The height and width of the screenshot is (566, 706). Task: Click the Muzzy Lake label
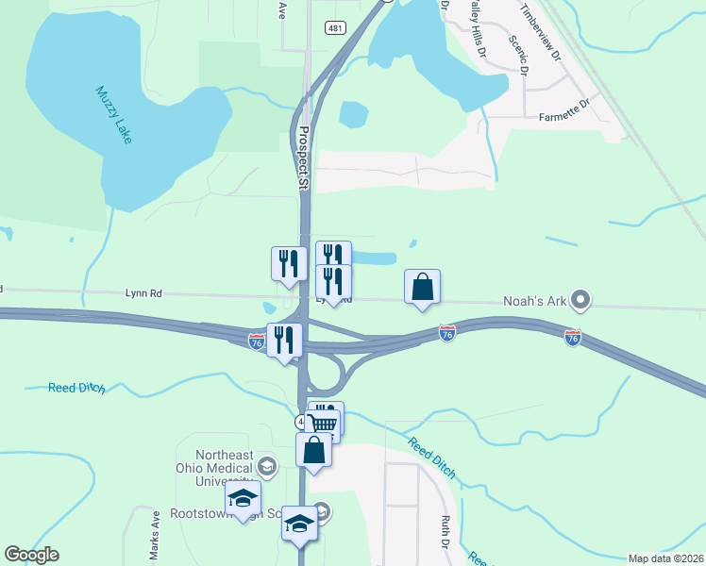(x=115, y=115)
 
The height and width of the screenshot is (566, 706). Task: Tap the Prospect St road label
(x=303, y=160)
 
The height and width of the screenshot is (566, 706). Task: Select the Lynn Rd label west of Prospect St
(x=143, y=293)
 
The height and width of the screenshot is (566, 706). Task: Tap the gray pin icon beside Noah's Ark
(x=580, y=302)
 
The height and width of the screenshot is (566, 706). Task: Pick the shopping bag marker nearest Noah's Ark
(x=423, y=287)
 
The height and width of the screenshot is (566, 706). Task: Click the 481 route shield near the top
(x=335, y=28)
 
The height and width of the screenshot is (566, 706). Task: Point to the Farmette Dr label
(x=563, y=118)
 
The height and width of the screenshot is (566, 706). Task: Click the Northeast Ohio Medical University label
(x=215, y=468)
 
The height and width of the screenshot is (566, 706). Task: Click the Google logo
(x=31, y=555)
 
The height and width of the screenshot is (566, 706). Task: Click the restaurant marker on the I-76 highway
(x=285, y=339)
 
